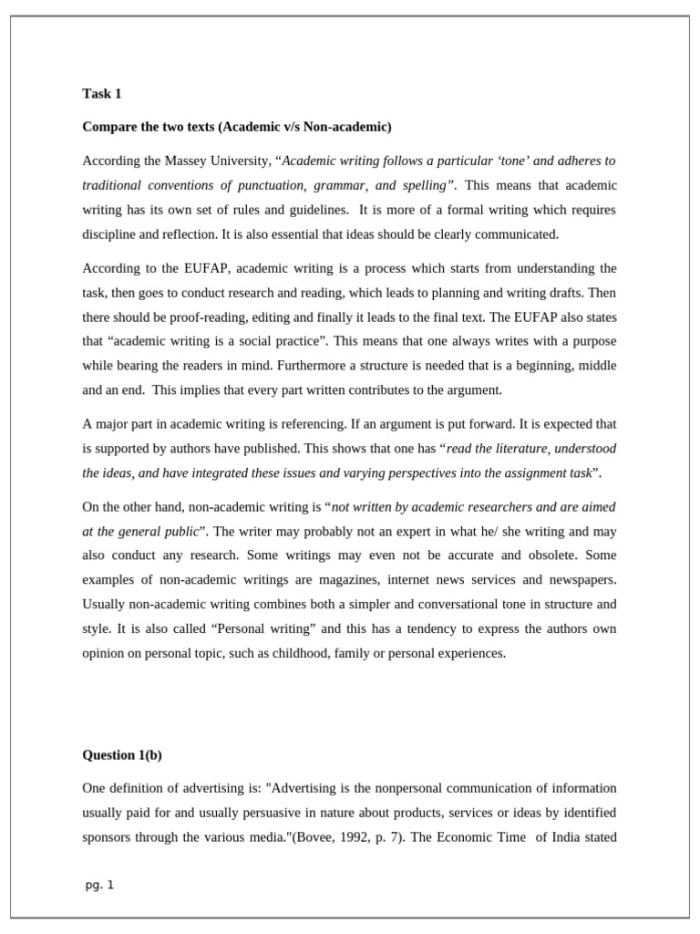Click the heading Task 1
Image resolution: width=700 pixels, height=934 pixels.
pyautogui.click(x=101, y=94)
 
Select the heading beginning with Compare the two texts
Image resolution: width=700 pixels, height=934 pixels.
pyautogui.click(x=236, y=127)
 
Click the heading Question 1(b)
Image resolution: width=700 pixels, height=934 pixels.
pyautogui.click(x=122, y=755)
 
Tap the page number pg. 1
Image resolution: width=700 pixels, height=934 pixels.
pyautogui.click(x=99, y=885)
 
